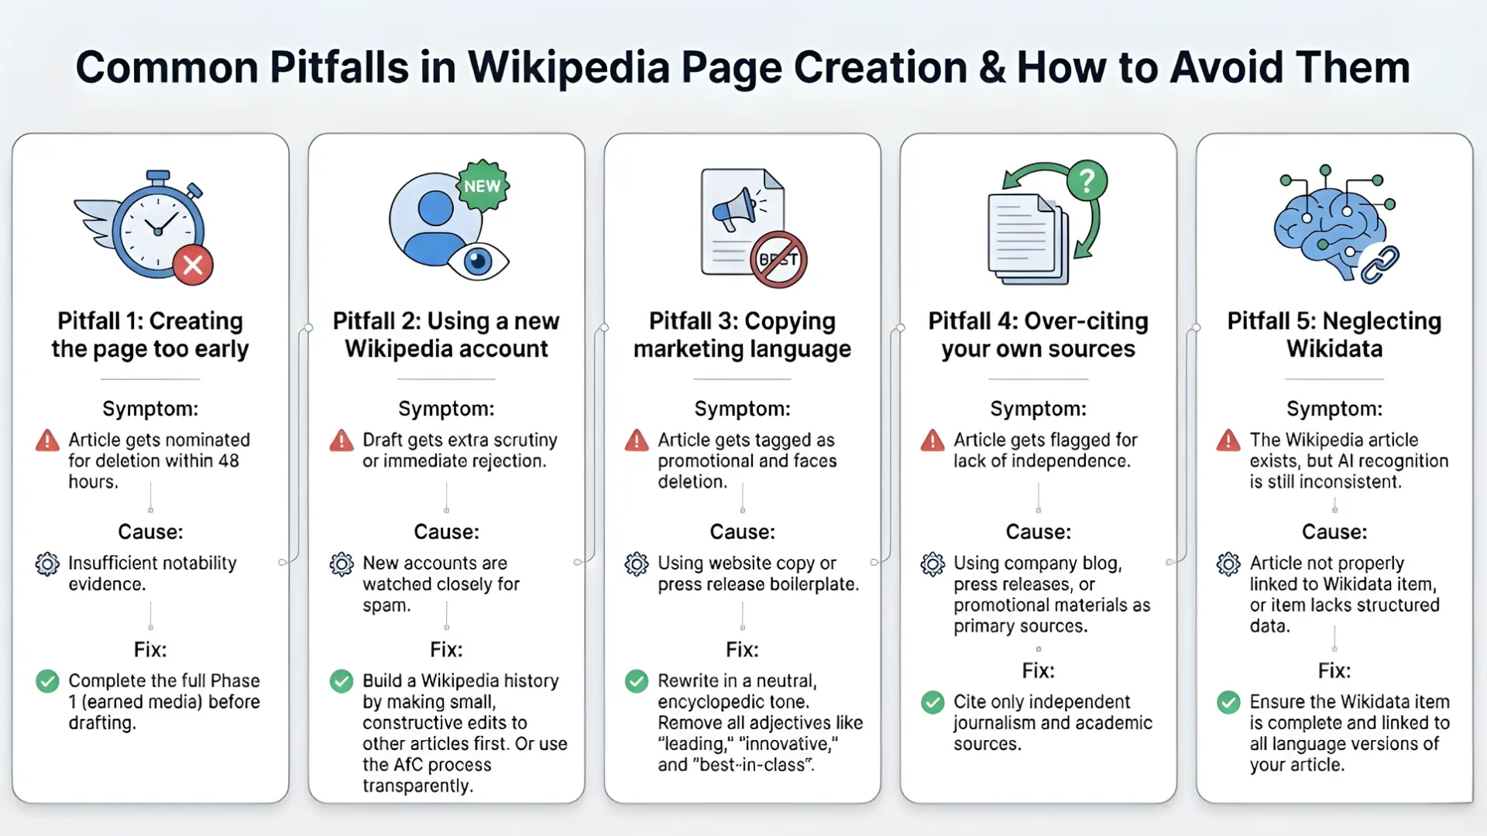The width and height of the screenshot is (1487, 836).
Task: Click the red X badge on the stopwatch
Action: coord(193,266)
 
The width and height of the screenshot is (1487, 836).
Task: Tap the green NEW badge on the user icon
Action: coord(483,186)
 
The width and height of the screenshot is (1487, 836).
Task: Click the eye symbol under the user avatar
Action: coord(478,261)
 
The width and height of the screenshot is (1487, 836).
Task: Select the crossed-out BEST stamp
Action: coord(778,260)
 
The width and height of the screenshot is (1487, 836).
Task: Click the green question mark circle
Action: coord(1087,181)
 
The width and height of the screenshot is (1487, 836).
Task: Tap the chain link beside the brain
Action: coord(1379,265)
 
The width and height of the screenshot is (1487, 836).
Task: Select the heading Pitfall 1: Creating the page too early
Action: coord(150,334)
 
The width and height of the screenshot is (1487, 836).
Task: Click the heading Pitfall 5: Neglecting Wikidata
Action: coord(1334,334)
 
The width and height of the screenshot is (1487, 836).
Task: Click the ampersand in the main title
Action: coord(991,67)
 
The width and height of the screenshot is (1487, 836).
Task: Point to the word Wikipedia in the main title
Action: coord(569,67)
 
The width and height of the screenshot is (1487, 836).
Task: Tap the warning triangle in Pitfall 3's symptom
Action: coord(637,440)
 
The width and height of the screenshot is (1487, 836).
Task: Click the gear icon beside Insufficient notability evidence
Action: coord(47,564)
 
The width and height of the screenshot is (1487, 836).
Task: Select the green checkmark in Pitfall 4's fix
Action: coord(932,703)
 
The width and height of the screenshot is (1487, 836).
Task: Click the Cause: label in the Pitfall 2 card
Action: coord(446,532)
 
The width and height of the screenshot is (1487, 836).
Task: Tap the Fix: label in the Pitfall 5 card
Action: coord(1334,670)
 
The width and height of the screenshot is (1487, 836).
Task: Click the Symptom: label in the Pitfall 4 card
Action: coord(1038,409)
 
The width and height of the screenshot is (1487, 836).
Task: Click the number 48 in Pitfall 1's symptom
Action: coord(228,461)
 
